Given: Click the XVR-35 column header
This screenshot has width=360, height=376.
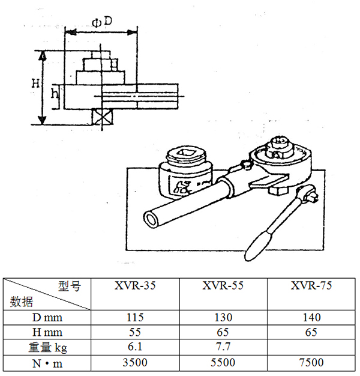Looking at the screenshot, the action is [135, 285].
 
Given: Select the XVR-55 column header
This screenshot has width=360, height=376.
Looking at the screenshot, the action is [223, 285].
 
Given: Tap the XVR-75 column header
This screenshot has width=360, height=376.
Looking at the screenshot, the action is [311, 285].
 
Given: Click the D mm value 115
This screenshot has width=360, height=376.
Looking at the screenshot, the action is [135, 318].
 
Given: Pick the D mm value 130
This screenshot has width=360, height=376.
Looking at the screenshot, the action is [223, 318].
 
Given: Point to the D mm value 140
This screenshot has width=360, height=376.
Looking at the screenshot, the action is [311, 318].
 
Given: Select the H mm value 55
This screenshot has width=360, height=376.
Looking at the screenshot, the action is [135, 332].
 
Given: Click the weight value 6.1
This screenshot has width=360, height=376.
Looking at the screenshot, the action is [135, 347].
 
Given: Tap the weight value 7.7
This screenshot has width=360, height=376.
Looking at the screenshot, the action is [223, 347].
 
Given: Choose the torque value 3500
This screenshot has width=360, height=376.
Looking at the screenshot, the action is [135, 363].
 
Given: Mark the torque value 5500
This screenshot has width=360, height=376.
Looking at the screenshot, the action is [223, 363].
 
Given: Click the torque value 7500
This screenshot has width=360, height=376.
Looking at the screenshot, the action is [311, 363].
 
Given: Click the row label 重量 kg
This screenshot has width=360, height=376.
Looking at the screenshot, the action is [47, 348].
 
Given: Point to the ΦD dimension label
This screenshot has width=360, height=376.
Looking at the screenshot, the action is [102, 22].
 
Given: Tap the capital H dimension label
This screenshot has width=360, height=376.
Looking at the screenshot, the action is [35, 83].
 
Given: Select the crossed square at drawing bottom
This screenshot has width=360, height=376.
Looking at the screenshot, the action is [103, 117].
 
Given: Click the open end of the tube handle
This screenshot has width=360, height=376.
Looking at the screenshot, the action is [152, 219].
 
